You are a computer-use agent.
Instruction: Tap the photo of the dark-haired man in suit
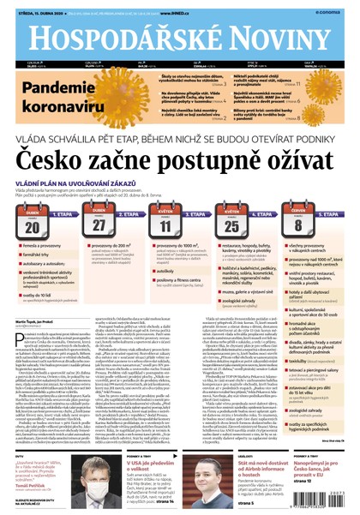coord(205,470)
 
